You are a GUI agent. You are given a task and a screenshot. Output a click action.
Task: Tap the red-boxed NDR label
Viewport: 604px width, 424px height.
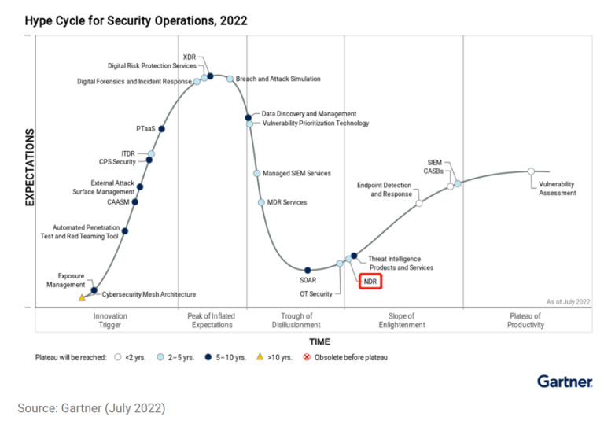(370, 282)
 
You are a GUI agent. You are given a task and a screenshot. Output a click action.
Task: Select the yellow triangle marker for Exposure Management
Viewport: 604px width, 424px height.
(82, 298)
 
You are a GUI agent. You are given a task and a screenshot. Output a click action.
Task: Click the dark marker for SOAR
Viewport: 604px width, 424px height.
(308, 271)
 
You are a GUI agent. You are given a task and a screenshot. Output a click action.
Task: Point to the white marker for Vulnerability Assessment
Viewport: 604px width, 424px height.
(531, 171)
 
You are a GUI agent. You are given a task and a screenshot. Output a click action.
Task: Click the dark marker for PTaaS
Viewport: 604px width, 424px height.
(162, 129)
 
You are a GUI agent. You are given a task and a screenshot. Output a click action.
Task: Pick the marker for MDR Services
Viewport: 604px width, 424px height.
(261, 202)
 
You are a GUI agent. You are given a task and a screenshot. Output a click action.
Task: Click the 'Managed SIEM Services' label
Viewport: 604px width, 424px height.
(296, 173)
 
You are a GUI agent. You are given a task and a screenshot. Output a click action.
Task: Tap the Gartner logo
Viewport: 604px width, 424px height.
(565, 381)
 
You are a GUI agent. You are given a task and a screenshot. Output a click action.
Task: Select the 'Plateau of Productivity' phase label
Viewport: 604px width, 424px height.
(526, 320)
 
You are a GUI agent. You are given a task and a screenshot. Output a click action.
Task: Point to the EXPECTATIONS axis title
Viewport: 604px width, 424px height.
(30, 167)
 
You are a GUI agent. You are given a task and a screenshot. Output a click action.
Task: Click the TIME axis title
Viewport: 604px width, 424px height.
(319, 341)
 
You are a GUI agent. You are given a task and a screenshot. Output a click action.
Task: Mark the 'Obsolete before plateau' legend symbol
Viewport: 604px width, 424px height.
(308, 357)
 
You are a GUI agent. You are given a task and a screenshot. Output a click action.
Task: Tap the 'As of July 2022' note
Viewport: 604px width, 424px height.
(568, 301)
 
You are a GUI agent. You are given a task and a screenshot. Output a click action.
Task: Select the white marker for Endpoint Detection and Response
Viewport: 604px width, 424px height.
(418, 203)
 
